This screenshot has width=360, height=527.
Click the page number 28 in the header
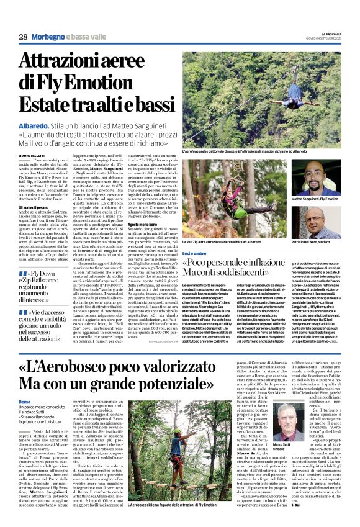pos(23,37)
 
